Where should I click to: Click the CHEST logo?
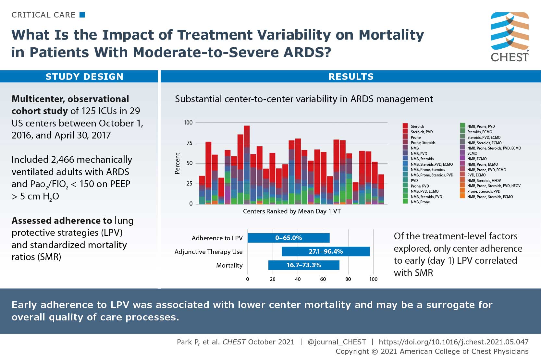[510, 37]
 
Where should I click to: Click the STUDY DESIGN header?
[84, 77]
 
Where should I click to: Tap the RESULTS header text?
[351, 77]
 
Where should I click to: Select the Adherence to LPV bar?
[289, 238]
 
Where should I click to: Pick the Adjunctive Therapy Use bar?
[326, 251]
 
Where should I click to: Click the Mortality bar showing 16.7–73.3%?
[304, 265]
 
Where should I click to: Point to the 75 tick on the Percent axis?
[189, 143]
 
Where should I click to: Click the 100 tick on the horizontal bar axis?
[373, 279]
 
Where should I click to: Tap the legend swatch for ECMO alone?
[462, 153]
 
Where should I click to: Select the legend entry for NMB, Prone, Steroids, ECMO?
[490, 197]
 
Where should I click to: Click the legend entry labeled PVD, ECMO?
[476, 175]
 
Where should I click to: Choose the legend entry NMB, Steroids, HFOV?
[484, 181]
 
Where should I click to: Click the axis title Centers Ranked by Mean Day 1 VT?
[292, 211]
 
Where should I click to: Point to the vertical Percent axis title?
[177, 163]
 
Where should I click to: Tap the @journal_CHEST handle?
[337, 342]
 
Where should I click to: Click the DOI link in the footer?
[453, 342]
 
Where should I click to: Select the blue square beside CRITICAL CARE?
[82, 15]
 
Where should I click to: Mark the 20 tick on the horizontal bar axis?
[273, 279]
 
